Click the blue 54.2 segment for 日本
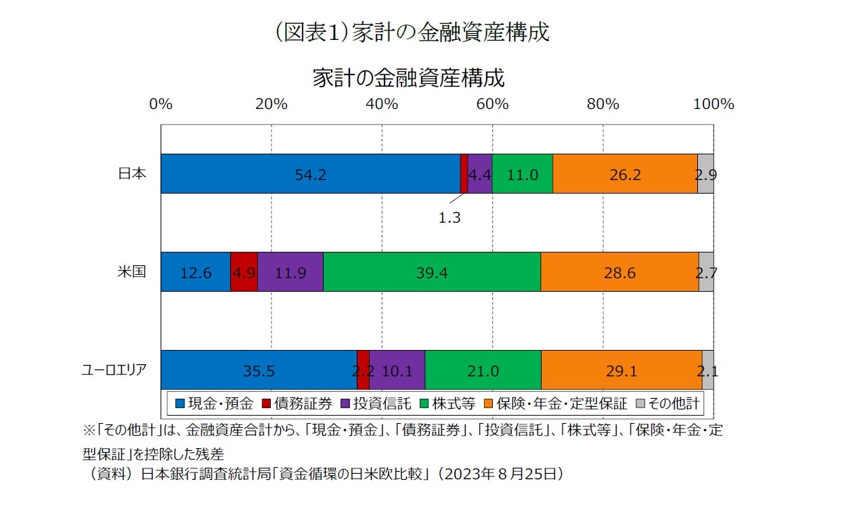pos(310,174)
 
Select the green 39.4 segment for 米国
pos(432,272)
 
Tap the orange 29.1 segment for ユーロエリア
pos(621,370)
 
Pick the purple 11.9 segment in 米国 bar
pos(290,272)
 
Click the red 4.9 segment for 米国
pos(244,272)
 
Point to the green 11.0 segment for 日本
pos(522,174)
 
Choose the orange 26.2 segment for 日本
pos(625,174)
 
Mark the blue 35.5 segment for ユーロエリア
pos(258,370)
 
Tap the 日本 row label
pos(132,173)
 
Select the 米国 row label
pos(132,271)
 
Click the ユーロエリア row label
pos(113,370)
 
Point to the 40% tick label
pos(382,104)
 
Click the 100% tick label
pos(714,104)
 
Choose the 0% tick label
pos(160,104)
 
